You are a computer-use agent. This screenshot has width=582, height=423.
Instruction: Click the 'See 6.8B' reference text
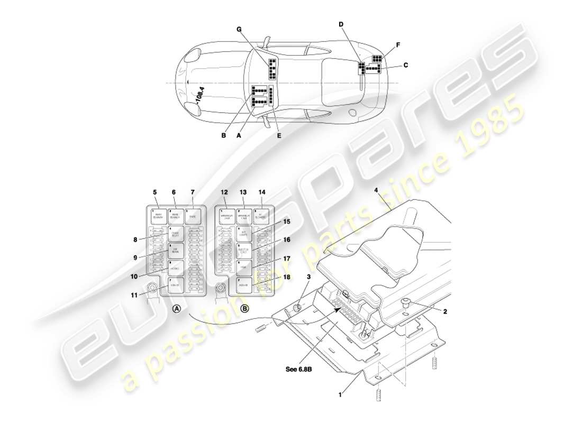click(x=299, y=369)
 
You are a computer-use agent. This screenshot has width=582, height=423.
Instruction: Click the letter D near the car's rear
click(x=341, y=24)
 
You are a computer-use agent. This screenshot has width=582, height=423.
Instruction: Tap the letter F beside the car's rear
click(x=398, y=45)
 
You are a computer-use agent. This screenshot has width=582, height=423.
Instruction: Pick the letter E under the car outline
click(x=279, y=135)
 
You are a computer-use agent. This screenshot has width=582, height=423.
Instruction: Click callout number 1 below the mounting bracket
click(x=341, y=393)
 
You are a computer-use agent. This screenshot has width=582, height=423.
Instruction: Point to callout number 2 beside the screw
click(x=445, y=312)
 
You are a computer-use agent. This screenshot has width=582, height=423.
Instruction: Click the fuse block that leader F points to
click(x=377, y=59)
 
